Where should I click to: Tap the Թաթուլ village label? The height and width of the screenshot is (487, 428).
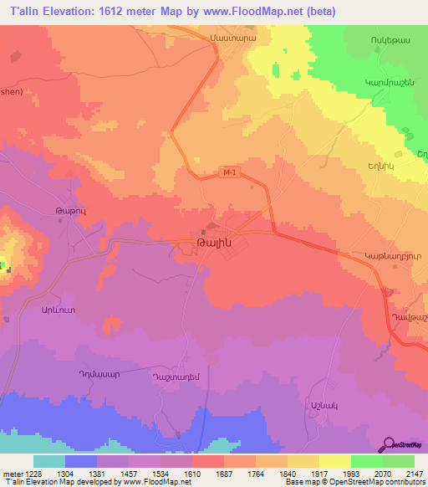point(70,214)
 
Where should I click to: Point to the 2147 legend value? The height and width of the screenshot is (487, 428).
point(415,472)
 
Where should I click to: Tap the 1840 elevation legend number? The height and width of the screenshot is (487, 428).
point(288,472)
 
